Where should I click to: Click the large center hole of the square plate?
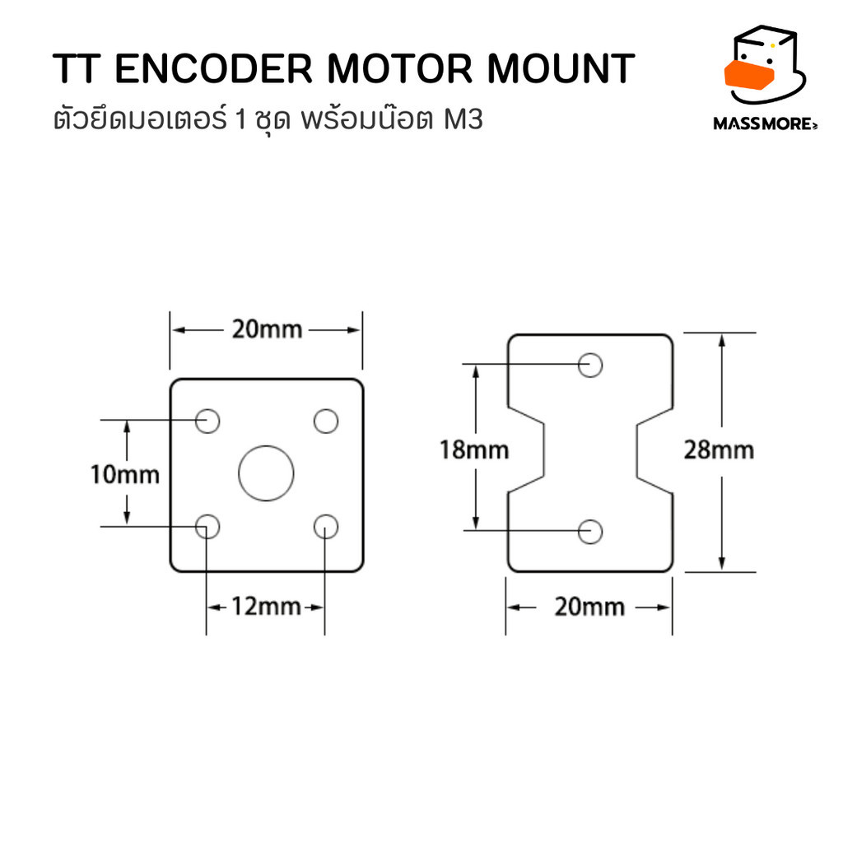[266, 473]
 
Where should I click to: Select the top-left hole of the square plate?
[207, 421]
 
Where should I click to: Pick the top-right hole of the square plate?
[326, 421]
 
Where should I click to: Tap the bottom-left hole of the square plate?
[207, 525]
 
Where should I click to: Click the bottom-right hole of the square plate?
[326, 525]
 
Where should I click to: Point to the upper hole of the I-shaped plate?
[590, 364]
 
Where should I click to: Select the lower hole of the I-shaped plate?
[590, 531]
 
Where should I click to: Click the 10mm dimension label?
[125, 474]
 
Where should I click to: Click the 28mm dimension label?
[719, 449]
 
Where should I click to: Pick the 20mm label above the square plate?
[266, 330]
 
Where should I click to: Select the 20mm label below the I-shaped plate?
[589, 608]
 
